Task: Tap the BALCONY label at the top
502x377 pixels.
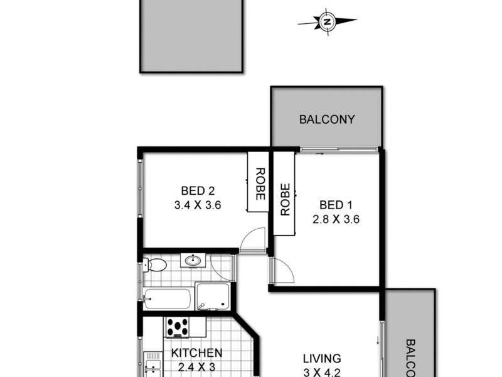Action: [327, 119]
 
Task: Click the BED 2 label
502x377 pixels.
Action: [198, 190]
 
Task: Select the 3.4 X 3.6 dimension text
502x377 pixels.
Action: [198, 204]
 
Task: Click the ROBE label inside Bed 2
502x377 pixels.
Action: [259, 184]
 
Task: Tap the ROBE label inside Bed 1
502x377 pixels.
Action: [284, 199]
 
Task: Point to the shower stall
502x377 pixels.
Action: [212, 296]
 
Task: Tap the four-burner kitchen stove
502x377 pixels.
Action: [178, 327]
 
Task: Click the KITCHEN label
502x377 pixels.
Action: [196, 353]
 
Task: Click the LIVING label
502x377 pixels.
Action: [322, 359]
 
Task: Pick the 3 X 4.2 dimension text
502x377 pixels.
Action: [322, 371]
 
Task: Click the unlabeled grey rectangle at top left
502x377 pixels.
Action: [191, 35]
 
